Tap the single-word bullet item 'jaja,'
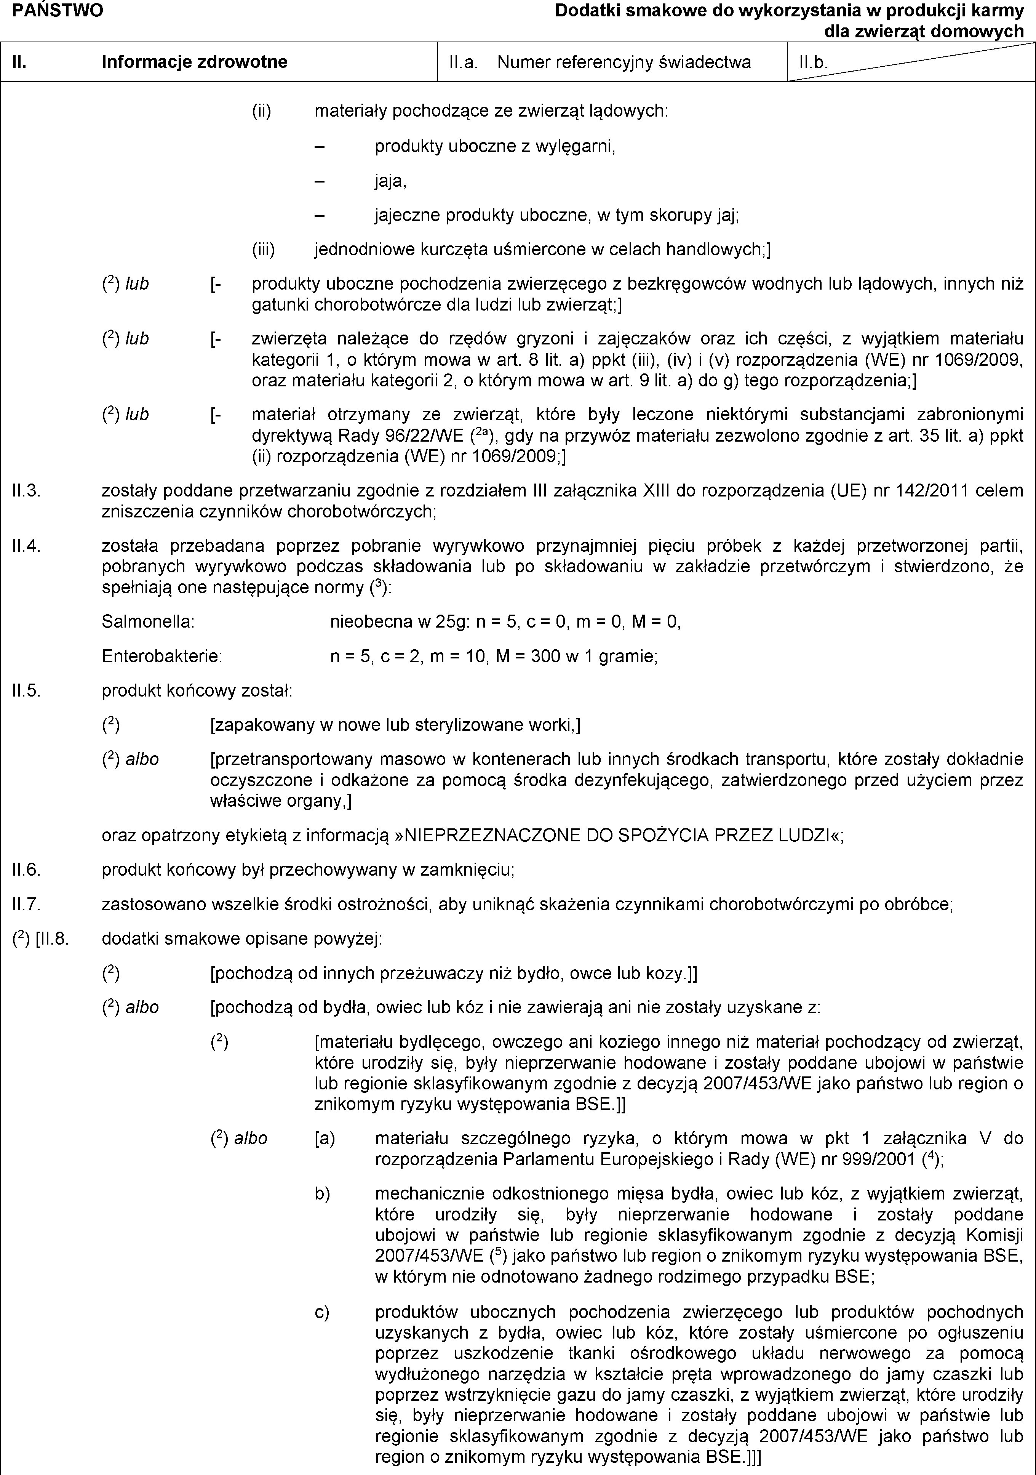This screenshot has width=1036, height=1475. [x=390, y=181]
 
